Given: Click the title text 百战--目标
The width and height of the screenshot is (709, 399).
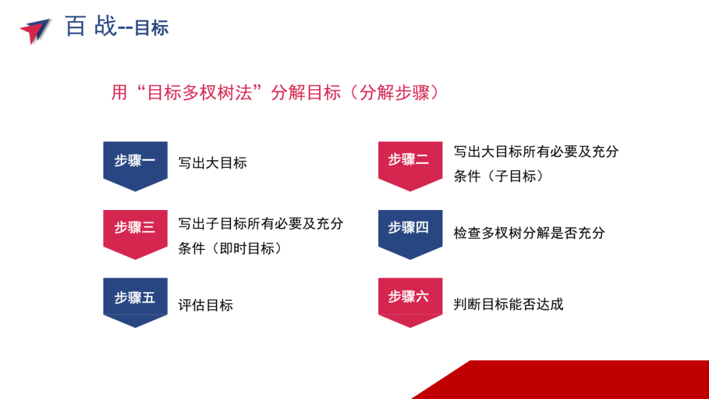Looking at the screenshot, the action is pyautogui.click(x=117, y=26).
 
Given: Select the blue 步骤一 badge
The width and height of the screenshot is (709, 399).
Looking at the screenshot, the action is pyautogui.click(x=135, y=166).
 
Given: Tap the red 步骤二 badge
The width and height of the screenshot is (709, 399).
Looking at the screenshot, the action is pyautogui.click(x=410, y=166).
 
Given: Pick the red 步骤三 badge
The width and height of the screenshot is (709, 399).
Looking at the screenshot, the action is pyautogui.click(x=135, y=234).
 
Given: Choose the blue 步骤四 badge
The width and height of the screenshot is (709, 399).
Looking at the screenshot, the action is pyautogui.click(x=410, y=234).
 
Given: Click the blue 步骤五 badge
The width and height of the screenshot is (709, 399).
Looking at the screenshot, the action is pyautogui.click(x=135, y=303).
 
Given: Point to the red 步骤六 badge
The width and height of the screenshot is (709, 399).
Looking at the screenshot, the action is pyautogui.click(x=410, y=303).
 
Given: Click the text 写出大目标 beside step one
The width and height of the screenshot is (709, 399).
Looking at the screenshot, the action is pyautogui.click(x=213, y=163).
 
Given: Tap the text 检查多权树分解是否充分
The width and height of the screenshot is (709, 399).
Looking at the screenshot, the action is pyautogui.click(x=529, y=233).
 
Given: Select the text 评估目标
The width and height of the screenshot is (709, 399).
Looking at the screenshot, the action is pyautogui.click(x=205, y=305).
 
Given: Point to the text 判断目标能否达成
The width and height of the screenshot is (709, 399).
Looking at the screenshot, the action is pyautogui.click(x=509, y=304).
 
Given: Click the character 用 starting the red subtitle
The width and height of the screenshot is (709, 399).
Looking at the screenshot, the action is pyautogui.click(x=119, y=93).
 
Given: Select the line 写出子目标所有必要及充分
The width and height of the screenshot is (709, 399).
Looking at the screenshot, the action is pyautogui.click(x=261, y=223).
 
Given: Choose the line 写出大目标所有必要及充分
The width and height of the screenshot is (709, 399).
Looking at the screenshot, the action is pyautogui.click(x=536, y=152).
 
